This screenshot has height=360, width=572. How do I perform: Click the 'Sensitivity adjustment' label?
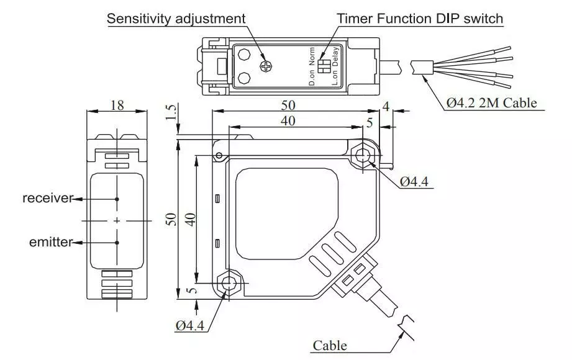coord(176,19)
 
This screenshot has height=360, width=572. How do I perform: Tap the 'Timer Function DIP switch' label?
coord(420,19)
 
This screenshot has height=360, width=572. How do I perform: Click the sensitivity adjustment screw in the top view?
coord(267,65)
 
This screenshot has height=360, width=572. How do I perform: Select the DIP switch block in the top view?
coord(323,66)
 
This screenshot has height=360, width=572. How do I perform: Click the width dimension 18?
coord(117,105)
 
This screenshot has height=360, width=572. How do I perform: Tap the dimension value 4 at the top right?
coord(386,106)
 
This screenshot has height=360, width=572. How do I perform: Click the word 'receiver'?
coord(47,199)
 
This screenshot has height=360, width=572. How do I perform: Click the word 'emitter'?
coord(50,242)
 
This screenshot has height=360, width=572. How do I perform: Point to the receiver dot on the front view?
coord(117,199)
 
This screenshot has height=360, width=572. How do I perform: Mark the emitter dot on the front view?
coord(117,242)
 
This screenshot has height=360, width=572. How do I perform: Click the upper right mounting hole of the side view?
coord(363,155)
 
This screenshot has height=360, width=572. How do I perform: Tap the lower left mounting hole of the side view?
coord(229,283)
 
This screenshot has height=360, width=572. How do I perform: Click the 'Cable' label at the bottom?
coord(330,345)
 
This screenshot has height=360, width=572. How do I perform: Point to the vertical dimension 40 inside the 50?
coord(191,218)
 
